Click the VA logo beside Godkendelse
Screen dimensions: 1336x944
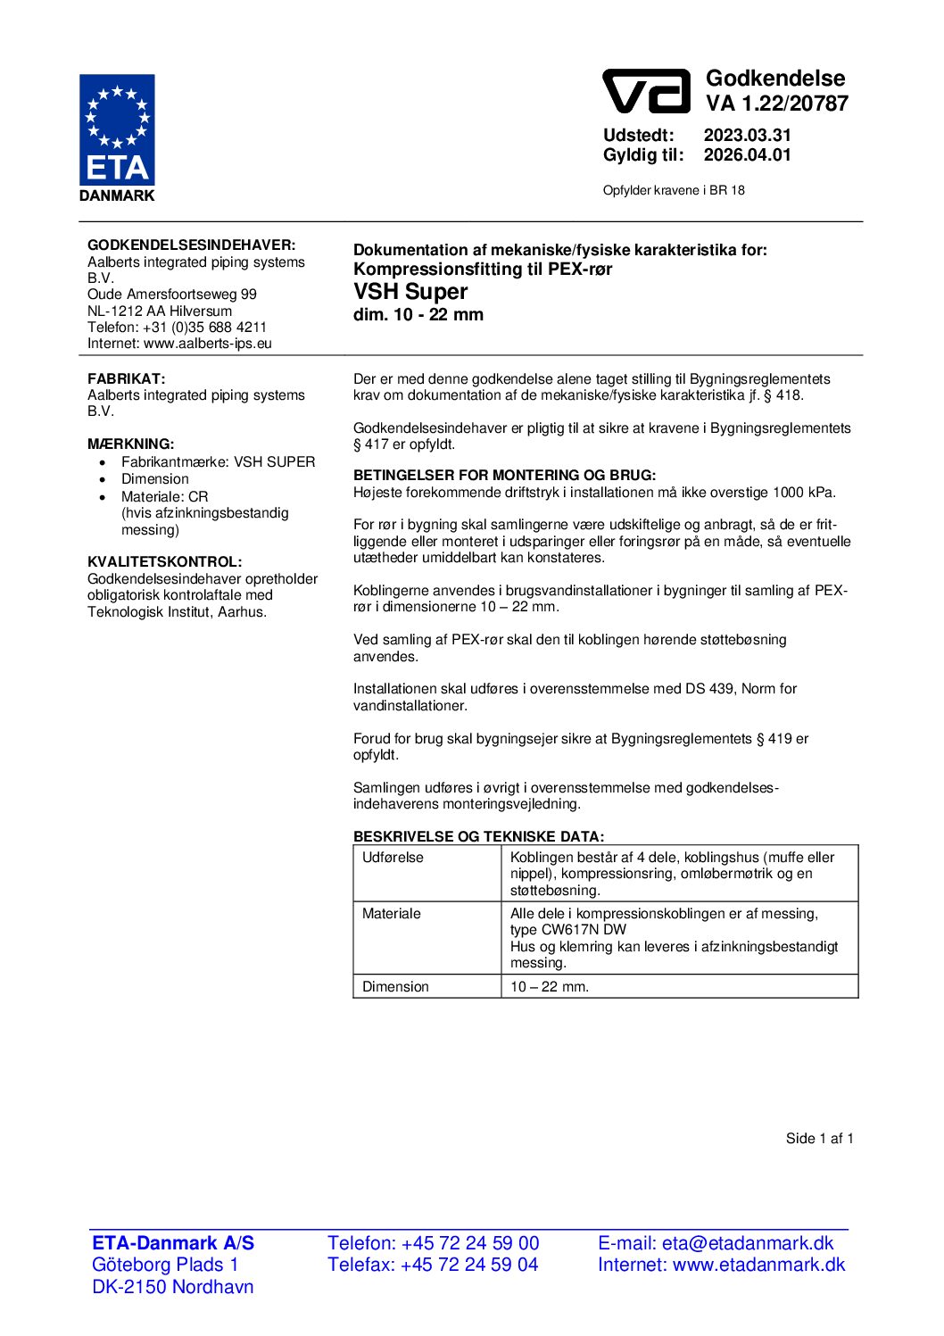tap(646, 92)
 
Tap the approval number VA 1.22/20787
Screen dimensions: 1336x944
tap(777, 104)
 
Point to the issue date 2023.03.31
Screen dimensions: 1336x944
tap(747, 136)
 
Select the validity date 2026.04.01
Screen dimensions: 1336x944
tap(747, 155)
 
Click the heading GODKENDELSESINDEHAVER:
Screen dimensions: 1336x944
tap(191, 245)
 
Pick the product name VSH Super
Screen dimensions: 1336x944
tap(410, 292)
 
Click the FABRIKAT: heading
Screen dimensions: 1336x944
tap(126, 378)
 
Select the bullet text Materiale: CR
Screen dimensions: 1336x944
tap(164, 496)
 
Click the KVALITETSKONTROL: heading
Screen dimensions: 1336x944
tap(164, 561)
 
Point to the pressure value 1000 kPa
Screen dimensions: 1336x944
tap(803, 493)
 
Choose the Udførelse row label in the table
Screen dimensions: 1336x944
tap(393, 858)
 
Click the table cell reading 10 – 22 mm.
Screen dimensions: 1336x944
tap(550, 986)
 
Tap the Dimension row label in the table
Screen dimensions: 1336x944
tap(395, 986)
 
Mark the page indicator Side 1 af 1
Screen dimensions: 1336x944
tap(819, 1138)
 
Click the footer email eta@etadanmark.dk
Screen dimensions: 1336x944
tap(748, 1243)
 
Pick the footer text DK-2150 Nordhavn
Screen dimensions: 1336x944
tap(173, 1287)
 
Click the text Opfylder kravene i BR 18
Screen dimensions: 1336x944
tap(674, 190)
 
